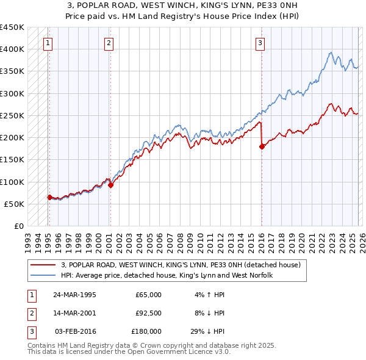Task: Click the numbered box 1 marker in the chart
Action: click(x=48, y=43)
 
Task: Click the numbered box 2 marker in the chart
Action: click(x=109, y=43)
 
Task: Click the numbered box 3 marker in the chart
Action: click(x=260, y=43)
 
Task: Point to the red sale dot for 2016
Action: click(x=262, y=146)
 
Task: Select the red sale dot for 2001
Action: click(x=110, y=185)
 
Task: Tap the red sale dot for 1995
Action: click(x=49, y=197)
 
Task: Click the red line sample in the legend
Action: click(x=44, y=265)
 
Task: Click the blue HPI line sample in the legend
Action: click(x=44, y=276)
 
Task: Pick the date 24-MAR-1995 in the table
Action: click(x=74, y=295)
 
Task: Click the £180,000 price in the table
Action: click(x=146, y=331)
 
